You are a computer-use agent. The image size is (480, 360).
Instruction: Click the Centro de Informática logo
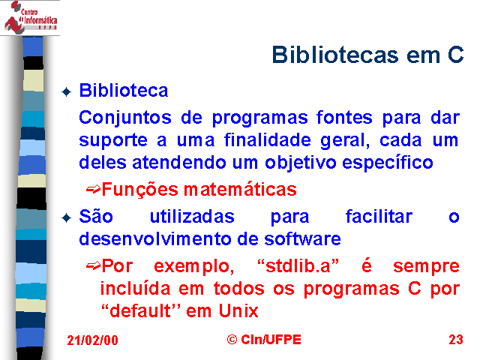coord(30,17)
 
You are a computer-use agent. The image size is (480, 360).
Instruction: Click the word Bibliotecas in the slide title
coord(335,55)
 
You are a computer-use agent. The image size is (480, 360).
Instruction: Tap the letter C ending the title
coord(456,55)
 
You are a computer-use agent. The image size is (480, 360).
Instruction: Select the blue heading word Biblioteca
coord(124,91)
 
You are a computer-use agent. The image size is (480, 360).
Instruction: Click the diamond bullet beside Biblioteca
coord(67,91)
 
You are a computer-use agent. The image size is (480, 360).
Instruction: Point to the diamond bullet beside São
coord(67,218)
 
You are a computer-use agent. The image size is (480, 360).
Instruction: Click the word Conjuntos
coord(125,118)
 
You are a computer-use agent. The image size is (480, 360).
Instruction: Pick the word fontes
coord(344,117)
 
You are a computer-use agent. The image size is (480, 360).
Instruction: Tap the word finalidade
coord(268,140)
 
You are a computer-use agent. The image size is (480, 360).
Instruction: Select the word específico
coord(388,163)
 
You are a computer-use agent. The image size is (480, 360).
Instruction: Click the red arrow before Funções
coord(93,190)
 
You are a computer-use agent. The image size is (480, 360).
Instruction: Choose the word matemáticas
coord(240,189)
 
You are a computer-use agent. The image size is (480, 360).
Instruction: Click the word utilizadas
coord(192,217)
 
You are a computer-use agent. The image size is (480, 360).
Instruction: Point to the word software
coord(302,238)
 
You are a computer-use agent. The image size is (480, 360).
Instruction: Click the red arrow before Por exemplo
coord(93,266)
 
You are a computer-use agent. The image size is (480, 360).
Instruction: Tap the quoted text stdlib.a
coord(298,265)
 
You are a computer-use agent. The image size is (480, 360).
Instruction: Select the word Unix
coord(238,311)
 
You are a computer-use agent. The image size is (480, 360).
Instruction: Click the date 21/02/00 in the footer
coord(92,340)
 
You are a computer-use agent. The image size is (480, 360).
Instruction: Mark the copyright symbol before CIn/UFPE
coord(232,340)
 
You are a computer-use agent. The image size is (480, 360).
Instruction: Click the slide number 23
coord(456,340)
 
